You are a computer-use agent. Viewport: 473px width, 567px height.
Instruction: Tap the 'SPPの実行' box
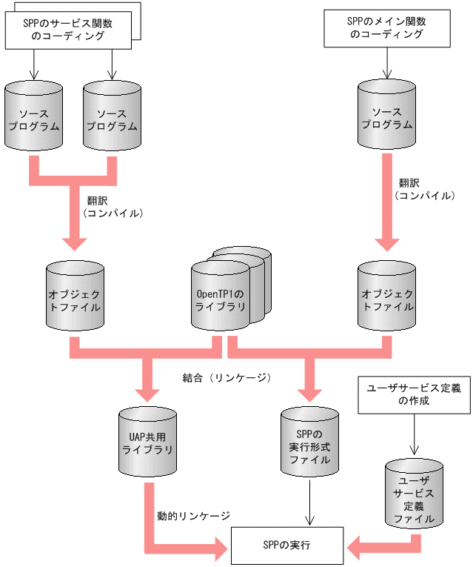pyautogui.click(x=287, y=545)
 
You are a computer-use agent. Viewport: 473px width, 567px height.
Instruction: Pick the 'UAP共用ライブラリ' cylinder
pyautogui.click(x=148, y=444)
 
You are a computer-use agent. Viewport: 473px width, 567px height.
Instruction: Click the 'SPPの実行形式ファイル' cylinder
pyautogui.click(x=309, y=444)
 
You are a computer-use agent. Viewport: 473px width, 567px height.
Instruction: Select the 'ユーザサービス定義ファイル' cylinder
pyautogui.click(x=414, y=497)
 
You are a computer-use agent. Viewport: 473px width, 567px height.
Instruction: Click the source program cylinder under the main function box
pyautogui.click(x=386, y=119)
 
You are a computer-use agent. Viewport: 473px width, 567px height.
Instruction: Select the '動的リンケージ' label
pyautogui.click(x=193, y=515)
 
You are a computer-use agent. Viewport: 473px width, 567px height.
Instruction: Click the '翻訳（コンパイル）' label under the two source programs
pyautogui.click(x=112, y=206)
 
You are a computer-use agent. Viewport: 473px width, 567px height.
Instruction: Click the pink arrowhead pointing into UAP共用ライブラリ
pyautogui.click(x=148, y=393)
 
